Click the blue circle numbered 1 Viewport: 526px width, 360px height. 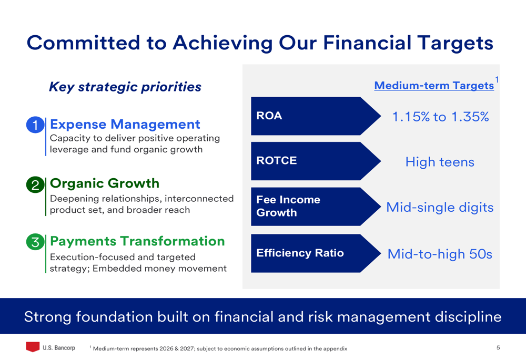coord(35,125)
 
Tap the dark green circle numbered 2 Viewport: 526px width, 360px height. coord(35,184)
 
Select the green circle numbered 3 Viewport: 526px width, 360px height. coord(35,242)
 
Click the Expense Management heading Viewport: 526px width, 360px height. coord(125,125)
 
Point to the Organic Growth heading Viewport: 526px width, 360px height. coord(104,183)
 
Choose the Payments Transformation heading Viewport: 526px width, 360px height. coord(137,241)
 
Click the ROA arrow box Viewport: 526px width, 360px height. coord(315,116)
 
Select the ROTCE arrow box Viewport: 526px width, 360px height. coord(315,161)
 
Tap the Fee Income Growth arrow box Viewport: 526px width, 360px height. coord(315,207)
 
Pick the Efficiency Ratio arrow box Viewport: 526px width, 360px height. coord(315,253)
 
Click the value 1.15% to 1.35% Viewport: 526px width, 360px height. coord(440,117)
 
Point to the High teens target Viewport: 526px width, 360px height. coord(440,162)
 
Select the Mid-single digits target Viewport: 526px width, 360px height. coord(440,208)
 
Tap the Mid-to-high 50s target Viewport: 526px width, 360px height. coord(440,254)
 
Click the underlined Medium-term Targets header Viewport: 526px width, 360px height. coord(434,86)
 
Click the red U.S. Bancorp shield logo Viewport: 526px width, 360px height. coord(33,346)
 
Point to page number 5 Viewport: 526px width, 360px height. coord(498,347)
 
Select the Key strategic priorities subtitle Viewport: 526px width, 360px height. coord(125,87)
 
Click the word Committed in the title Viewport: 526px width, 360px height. coord(83,43)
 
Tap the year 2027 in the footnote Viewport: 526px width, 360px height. coord(187,348)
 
